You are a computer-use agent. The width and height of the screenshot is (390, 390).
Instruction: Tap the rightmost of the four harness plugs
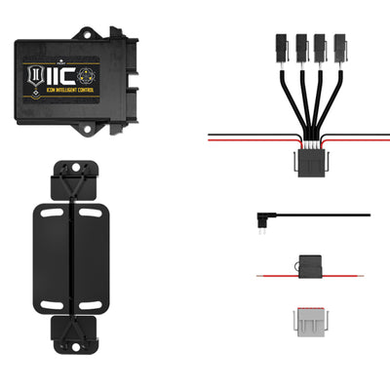tap(341, 48)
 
